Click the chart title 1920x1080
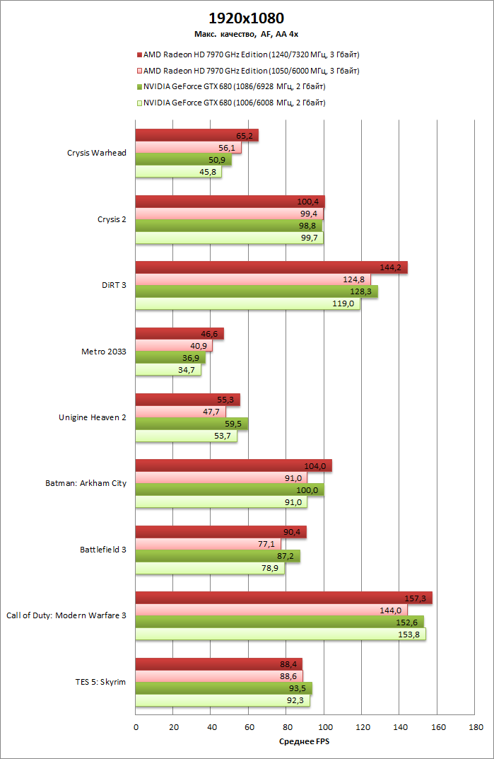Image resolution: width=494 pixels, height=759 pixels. point(247,18)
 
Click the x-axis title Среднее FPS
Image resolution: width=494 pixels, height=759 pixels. point(305,741)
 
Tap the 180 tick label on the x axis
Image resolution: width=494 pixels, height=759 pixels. point(476,727)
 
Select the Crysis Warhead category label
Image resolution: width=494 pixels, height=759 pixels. point(96,153)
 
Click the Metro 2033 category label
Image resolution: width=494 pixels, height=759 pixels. point(104,351)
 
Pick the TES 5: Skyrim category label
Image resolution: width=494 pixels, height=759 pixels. point(100,682)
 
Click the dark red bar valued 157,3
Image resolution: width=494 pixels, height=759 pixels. point(283,598)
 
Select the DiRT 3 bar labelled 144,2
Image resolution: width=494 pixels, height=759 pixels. point(271,267)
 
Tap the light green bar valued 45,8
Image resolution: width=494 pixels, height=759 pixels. point(178,172)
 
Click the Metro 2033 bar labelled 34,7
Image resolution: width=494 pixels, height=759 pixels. point(167,370)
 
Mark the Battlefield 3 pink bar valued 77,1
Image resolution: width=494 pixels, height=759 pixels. point(208,544)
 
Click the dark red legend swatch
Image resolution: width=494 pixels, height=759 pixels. point(139,54)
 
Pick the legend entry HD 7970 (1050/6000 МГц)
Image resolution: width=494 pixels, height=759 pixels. point(251,71)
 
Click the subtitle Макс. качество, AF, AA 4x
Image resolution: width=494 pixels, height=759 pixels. point(247,34)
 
